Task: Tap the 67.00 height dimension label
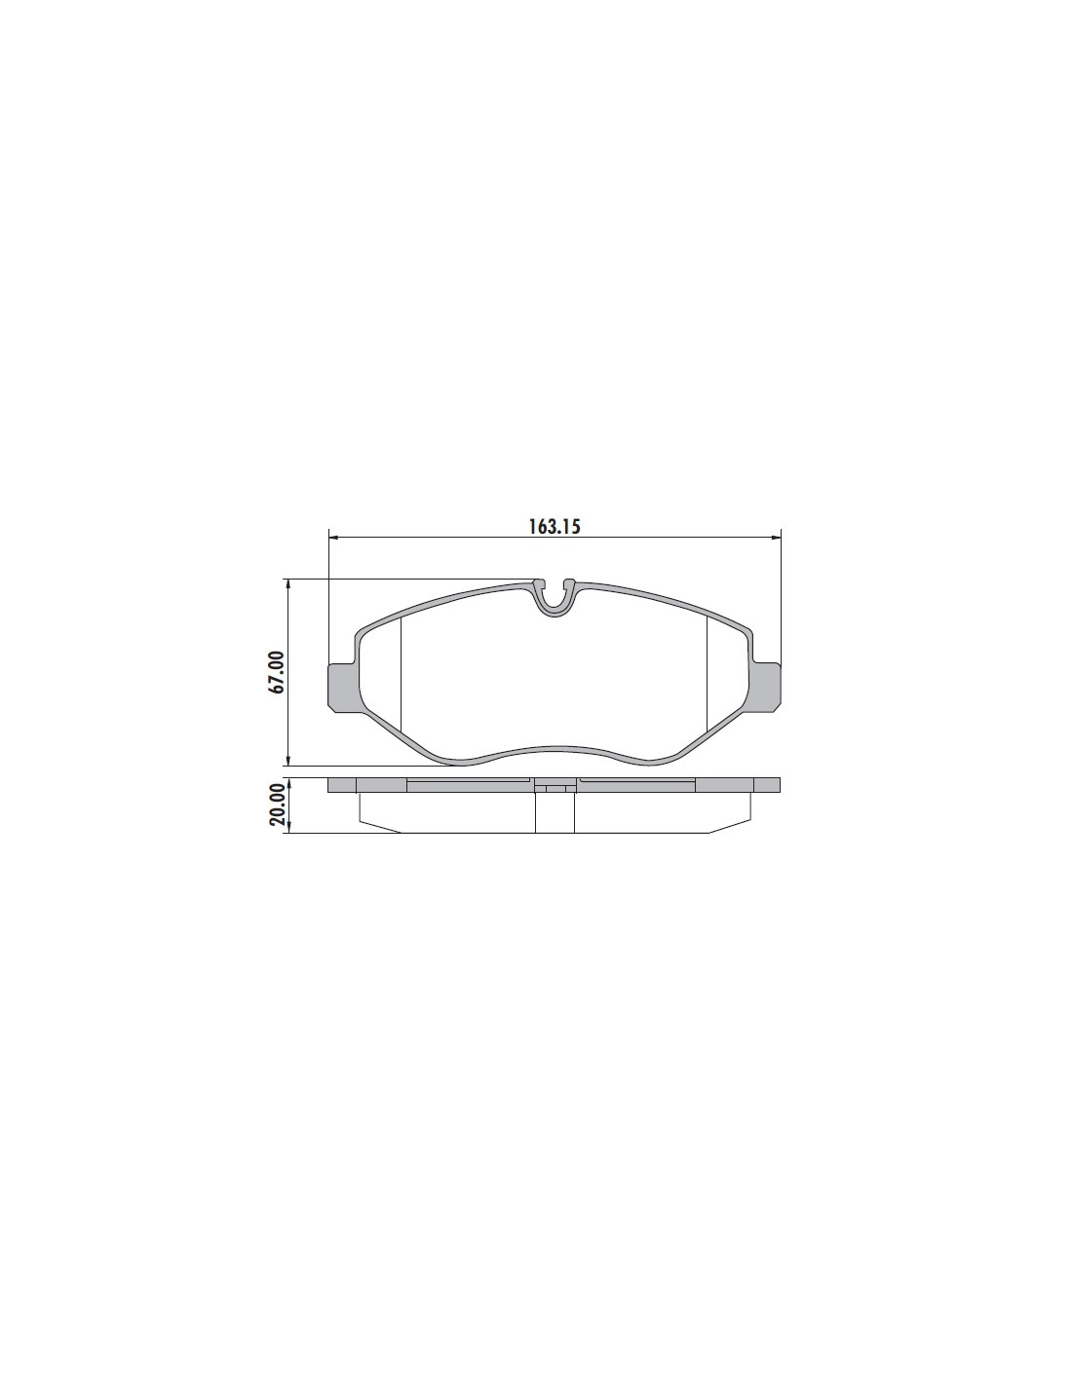coord(277,672)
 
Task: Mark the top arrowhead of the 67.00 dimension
coord(288,584)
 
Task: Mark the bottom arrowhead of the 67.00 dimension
coord(288,761)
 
